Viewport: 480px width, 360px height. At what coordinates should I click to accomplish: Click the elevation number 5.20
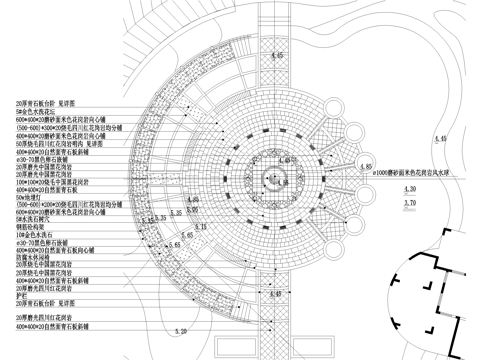tap(180, 329)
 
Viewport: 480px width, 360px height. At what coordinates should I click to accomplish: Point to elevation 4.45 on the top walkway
tap(278, 54)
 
